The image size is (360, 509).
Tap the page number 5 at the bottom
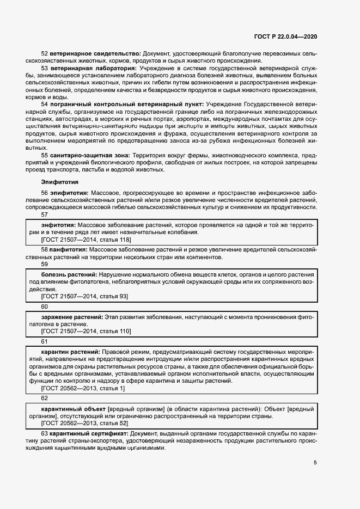point(315,463)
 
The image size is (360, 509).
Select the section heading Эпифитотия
point(60,182)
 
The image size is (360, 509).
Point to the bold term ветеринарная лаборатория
point(93,69)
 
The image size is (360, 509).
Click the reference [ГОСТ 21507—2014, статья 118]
point(86,239)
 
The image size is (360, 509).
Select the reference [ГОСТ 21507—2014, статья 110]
point(86,331)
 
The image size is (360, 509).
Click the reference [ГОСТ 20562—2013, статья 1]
point(83,388)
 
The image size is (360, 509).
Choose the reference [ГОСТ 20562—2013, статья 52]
point(84,423)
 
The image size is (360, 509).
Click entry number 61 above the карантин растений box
point(45,341)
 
